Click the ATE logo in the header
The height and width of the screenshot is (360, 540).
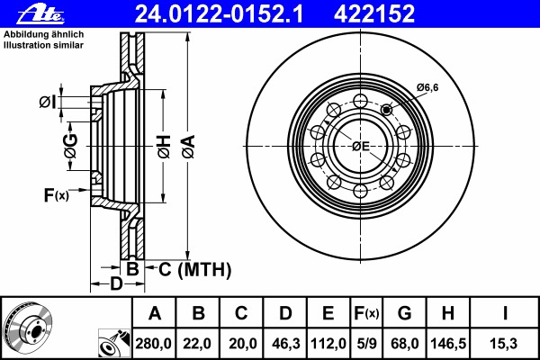tap(41, 13)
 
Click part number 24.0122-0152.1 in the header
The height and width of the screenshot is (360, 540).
tap(219, 13)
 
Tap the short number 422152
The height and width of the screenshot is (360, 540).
tap(374, 13)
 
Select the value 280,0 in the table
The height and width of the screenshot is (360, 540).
tap(153, 344)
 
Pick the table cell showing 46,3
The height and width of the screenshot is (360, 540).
tap(284, 344)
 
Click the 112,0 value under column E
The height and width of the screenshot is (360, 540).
tap(328, 344)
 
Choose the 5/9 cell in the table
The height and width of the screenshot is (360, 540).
tap(366, 344)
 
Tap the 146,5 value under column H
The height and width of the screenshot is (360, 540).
tap(448, 344)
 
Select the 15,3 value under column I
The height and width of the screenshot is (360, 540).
tap(504, 344)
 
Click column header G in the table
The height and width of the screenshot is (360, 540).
tap(404, 313)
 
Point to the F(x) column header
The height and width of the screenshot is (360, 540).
tap(366, 313)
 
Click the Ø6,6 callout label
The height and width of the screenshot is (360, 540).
tap(427, 87)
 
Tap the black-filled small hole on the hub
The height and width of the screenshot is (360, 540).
tap(387, 110)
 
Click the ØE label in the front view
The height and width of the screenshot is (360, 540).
tap(361, 147)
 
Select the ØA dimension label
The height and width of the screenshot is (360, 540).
tap(188, 147)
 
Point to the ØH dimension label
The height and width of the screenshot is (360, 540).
tap(165, 147)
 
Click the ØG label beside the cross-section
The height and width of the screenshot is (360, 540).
tap(71, 146)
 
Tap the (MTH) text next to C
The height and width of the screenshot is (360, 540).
tap(204, 269)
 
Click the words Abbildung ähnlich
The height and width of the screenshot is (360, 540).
tap(43, 34)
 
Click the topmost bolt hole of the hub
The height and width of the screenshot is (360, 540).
tap(360, 102)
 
